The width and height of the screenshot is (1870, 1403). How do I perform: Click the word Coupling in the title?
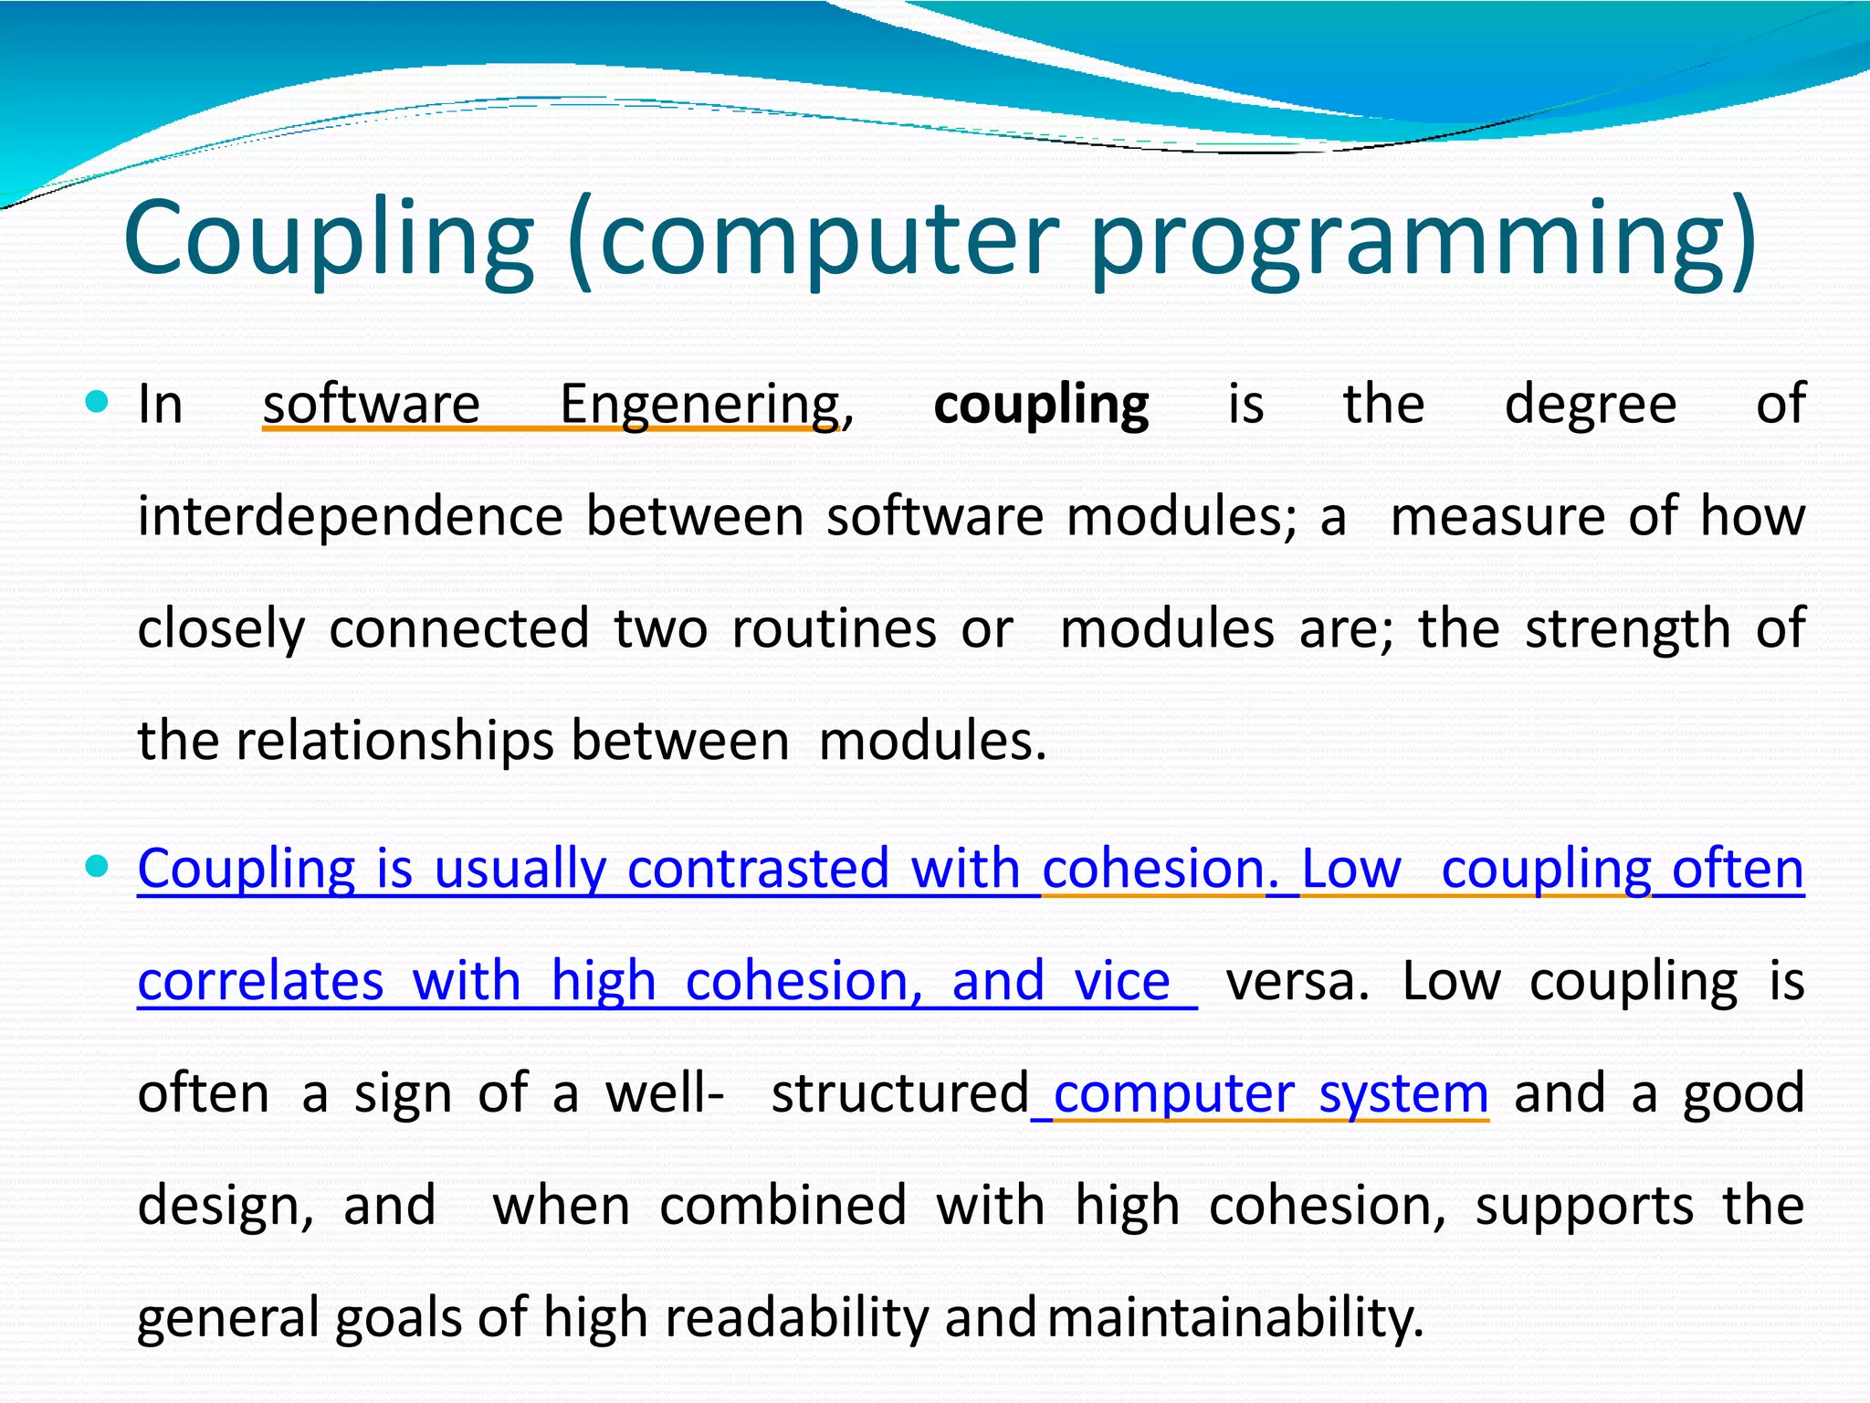click(x=328, y=239)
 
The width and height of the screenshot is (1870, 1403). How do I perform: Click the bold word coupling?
click(x=1041, y=405)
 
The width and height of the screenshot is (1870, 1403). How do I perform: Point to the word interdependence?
click(x=350, y=516)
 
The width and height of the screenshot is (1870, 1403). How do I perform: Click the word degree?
click(x=1590, y=404)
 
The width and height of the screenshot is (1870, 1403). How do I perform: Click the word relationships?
click(x=394, y=741)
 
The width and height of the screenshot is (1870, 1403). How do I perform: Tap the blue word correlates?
click(x=260, y=981)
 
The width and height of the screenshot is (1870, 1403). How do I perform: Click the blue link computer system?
click(x=1270, y=1093)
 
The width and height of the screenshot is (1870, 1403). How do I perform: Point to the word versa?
click(x=1297, y=981)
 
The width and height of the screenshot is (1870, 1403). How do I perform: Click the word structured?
click(x=900, y=1093)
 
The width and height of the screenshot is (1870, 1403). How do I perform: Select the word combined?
click(x=783, y=1206)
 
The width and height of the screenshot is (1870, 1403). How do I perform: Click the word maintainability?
click(x=1234, y=1318)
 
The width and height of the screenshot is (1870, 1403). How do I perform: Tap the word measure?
click(x=1497, y=516)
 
